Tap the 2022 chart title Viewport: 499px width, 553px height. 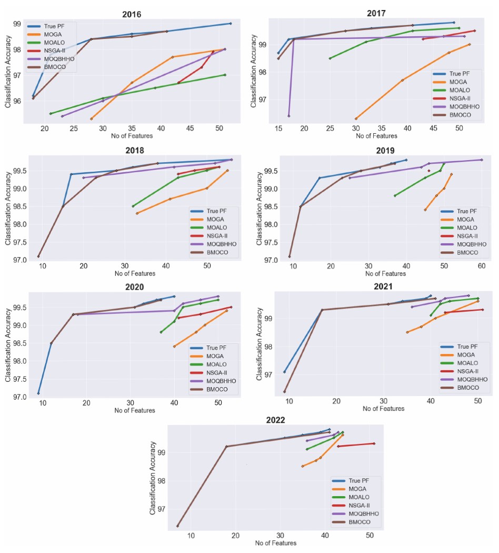[x=275, y=420]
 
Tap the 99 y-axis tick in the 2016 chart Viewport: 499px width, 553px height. [x=16, y=24]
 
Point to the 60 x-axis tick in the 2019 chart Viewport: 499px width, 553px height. [x=481, y=266]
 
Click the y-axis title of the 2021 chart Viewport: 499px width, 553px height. [x=259, y=344]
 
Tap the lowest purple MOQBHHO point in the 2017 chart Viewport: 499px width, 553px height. [x=288, y=116]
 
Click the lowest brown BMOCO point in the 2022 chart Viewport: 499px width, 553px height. [x=177, y=526]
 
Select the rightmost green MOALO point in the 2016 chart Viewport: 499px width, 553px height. [x=225, y=75]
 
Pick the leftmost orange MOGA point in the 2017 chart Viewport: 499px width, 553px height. [x=356, y=118]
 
